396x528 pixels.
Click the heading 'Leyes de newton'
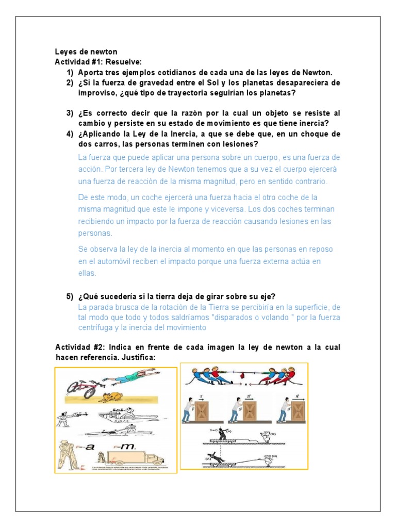(x=86, y=52)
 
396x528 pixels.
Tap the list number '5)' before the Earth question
(x=69, y=296)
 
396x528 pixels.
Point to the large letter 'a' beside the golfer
(x=90, y=447)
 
